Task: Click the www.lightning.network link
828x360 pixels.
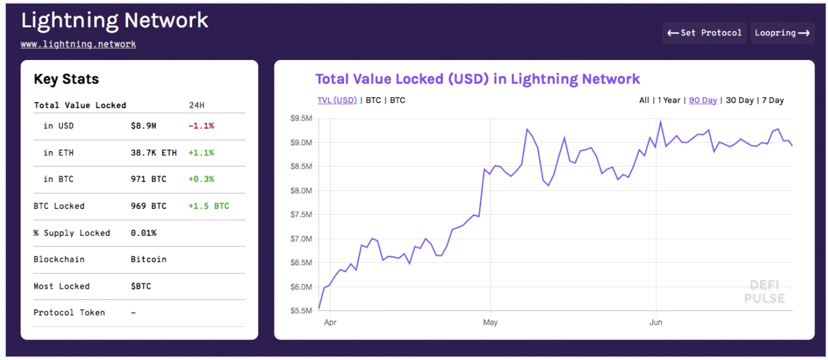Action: (x=78, y=44)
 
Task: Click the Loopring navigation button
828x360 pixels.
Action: (x=782, y=33)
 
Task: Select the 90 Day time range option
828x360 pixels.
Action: (x=703, y=100)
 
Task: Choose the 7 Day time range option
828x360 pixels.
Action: (x=773, y=100)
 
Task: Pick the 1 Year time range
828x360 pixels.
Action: (x=669, y=100)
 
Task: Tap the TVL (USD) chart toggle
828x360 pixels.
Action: (x=337, y=100)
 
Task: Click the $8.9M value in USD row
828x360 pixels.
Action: (x=143, y=126)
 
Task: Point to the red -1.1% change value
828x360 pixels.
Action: (x=201, y=126)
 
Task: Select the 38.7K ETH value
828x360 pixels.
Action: (x=153, y=153)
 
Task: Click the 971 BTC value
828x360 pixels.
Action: (x=148, y=179)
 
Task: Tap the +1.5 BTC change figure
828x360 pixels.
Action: (x=209, y=206)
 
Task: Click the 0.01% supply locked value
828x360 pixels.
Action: (x=143, y=233)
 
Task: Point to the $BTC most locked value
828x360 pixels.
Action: (x=141, y=286)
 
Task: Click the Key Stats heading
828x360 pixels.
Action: (x=66, y=79)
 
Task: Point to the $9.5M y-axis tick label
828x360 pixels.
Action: (x=301, y=118)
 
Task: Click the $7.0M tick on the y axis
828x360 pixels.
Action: (x=301, y=239)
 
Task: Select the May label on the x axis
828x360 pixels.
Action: (x=490, y=322)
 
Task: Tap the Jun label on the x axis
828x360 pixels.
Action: (x=656, y=322)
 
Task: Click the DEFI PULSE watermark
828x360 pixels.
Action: (x=764, y=292)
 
